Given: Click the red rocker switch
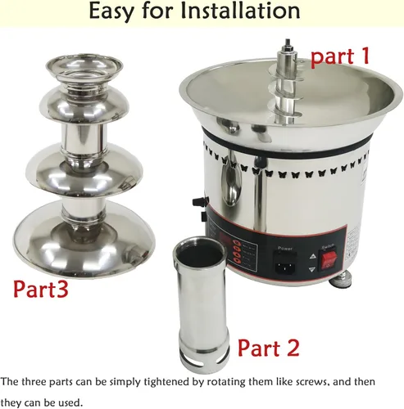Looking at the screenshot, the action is [329, 259].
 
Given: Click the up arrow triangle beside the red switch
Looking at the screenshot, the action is [312, 256].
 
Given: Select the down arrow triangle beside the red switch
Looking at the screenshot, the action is [312, 270].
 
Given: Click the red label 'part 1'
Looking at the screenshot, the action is [340, 56].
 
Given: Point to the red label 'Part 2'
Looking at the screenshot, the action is [269, 348].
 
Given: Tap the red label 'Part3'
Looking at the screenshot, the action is [41, 289].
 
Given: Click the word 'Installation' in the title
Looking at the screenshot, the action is [240, 11].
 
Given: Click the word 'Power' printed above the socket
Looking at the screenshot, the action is [285, 248].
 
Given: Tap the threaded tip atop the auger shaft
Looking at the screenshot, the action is [287, 43].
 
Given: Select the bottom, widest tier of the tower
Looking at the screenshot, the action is [84, 240].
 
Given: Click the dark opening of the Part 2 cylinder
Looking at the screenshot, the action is [200, 254].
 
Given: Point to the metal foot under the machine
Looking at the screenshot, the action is [341, 281].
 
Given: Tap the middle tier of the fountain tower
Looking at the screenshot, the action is [84, 169].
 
